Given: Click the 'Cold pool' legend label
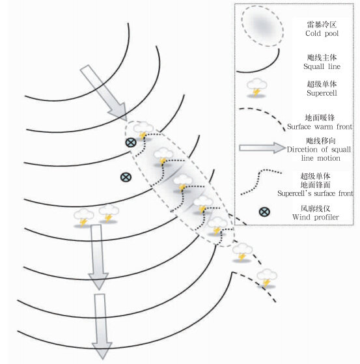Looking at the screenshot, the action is coord(322,33).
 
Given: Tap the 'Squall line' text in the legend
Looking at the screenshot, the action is coord(322,66).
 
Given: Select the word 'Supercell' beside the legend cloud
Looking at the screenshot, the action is coord(322,93).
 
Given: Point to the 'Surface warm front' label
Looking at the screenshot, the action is coord(320,126).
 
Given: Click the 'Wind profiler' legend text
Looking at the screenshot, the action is coord(316,217).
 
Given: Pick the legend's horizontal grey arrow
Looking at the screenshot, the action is coord(262,148).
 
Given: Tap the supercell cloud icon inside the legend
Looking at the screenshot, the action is coord(256,87).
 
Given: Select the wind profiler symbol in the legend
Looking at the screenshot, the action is coord(264,212).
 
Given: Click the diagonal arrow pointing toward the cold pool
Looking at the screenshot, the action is coord(104,93).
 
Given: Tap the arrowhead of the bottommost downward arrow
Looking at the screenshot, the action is coord(102,350).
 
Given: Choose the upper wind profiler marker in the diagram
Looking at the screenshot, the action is coord(131,143).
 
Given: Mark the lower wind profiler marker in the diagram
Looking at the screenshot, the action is coord(126,177).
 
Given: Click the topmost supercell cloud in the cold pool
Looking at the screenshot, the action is coord(143,131).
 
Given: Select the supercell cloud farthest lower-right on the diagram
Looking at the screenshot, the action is coord(267,278).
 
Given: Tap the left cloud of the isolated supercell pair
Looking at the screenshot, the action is coord(83,217).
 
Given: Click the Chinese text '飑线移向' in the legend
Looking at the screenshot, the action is coord(320,141).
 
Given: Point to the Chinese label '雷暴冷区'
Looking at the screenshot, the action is coord(322,24).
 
